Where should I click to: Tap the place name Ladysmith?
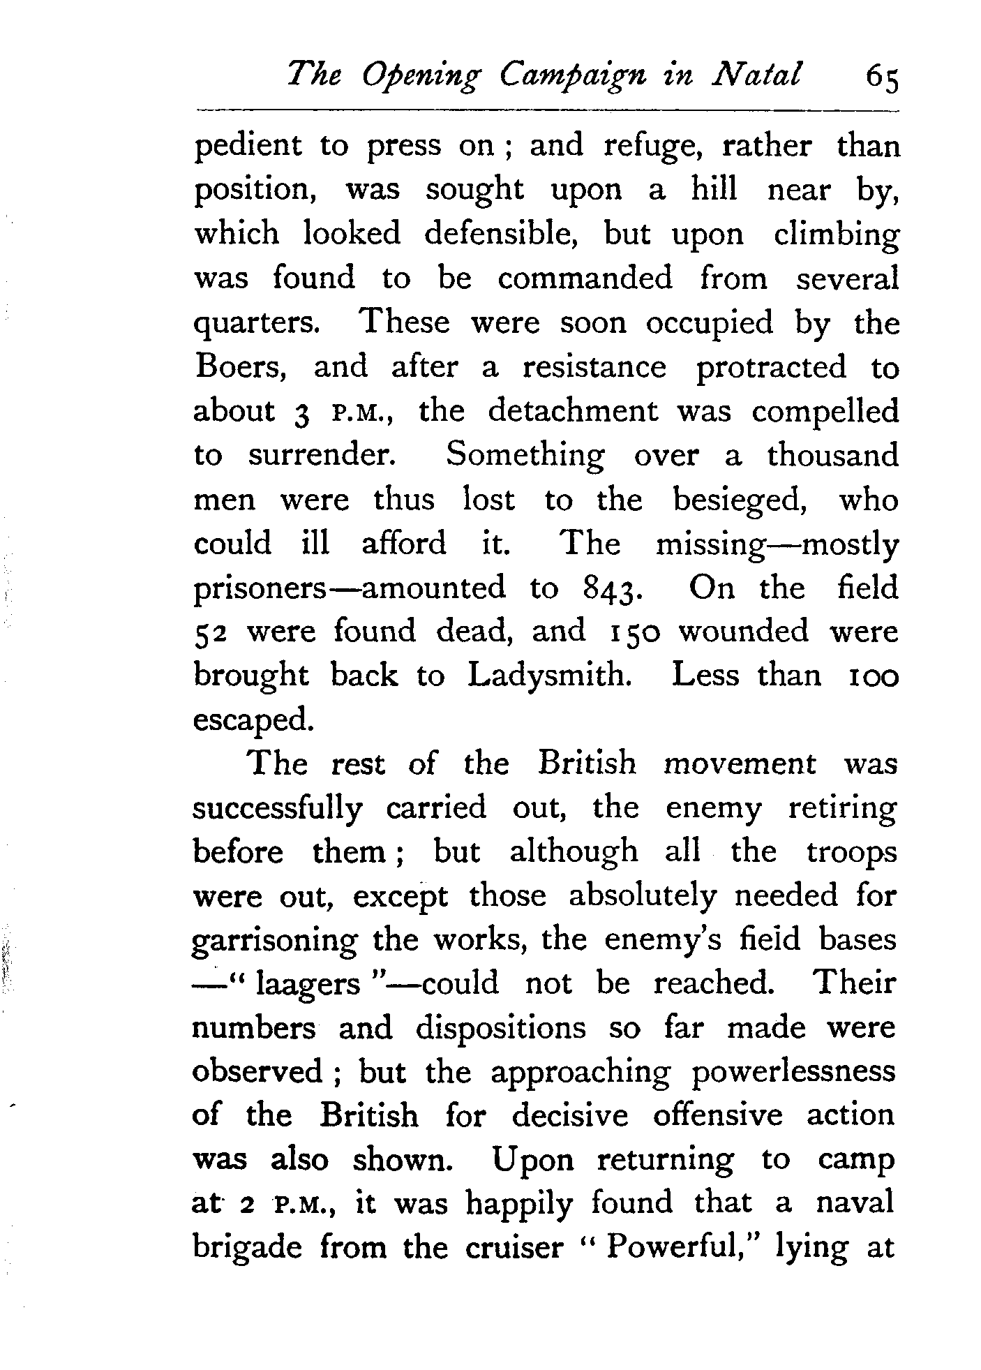pyautogui.click(x=549, y=676)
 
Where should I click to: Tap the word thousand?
pyautogui.click(x=833, y=456)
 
